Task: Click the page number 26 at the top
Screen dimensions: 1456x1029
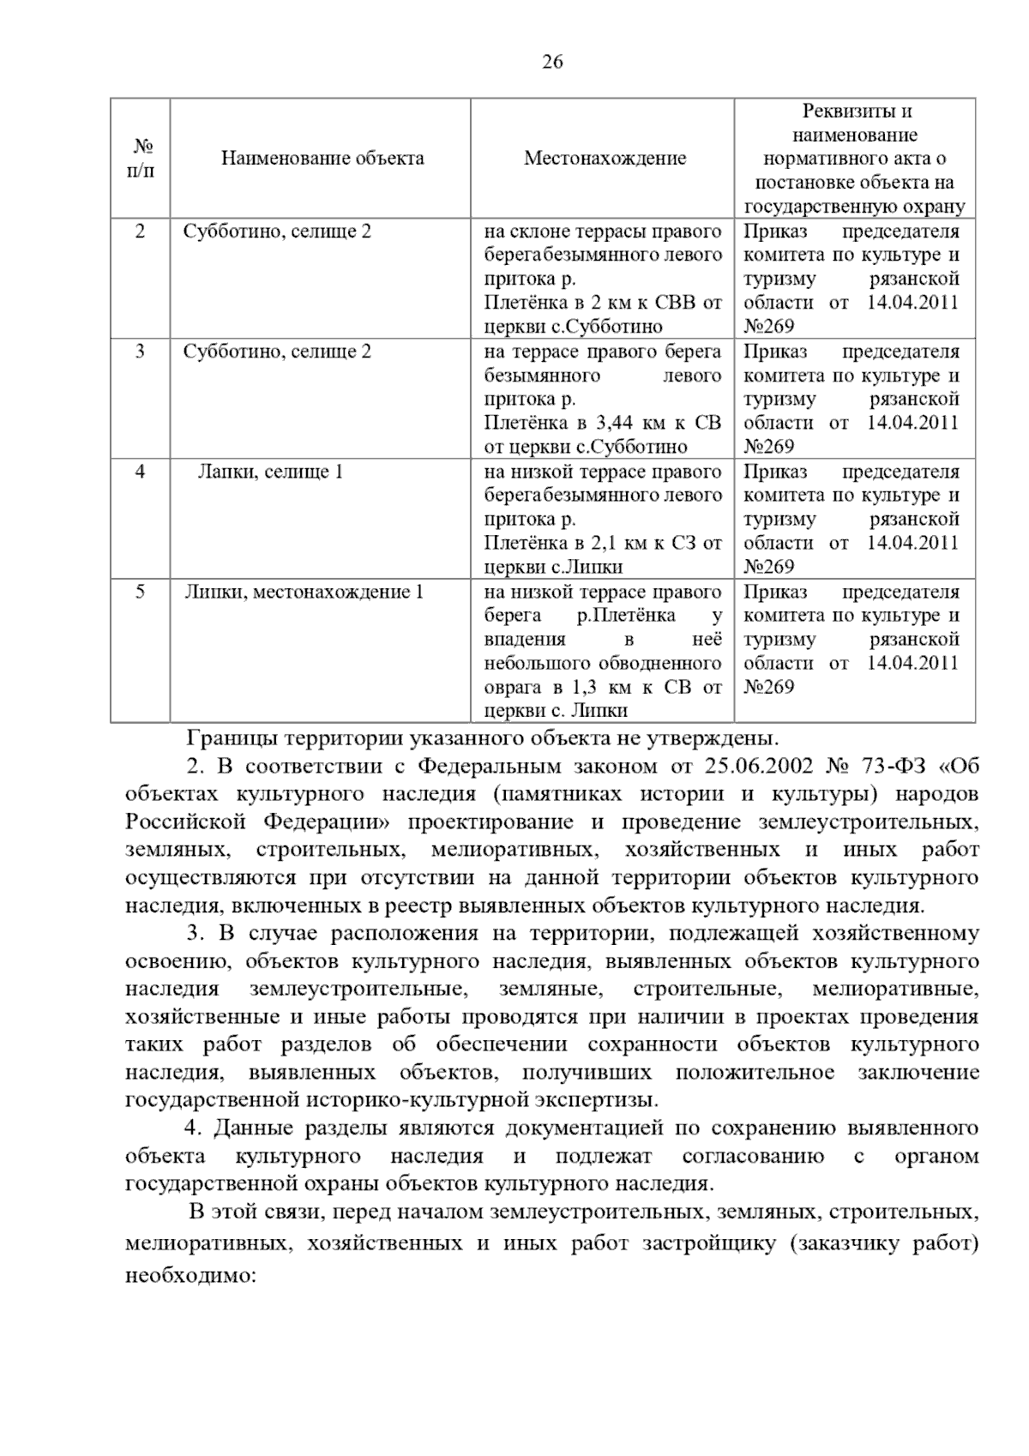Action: [552, 62]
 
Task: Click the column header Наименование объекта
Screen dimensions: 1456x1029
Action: [322, 159]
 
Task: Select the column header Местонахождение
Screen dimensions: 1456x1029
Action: [605, 159]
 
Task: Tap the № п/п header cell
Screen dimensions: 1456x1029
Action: [141, 159]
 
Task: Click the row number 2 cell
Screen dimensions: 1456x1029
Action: [141, 232]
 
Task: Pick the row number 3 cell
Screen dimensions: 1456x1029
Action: [141, 352]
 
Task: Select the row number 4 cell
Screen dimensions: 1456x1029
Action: [141, 472]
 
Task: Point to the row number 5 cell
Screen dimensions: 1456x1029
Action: [141, 592]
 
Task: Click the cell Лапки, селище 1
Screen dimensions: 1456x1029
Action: [270, 472]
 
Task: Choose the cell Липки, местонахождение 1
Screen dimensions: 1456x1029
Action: [304, 592]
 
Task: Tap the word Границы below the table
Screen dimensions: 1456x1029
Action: [232, 737]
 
